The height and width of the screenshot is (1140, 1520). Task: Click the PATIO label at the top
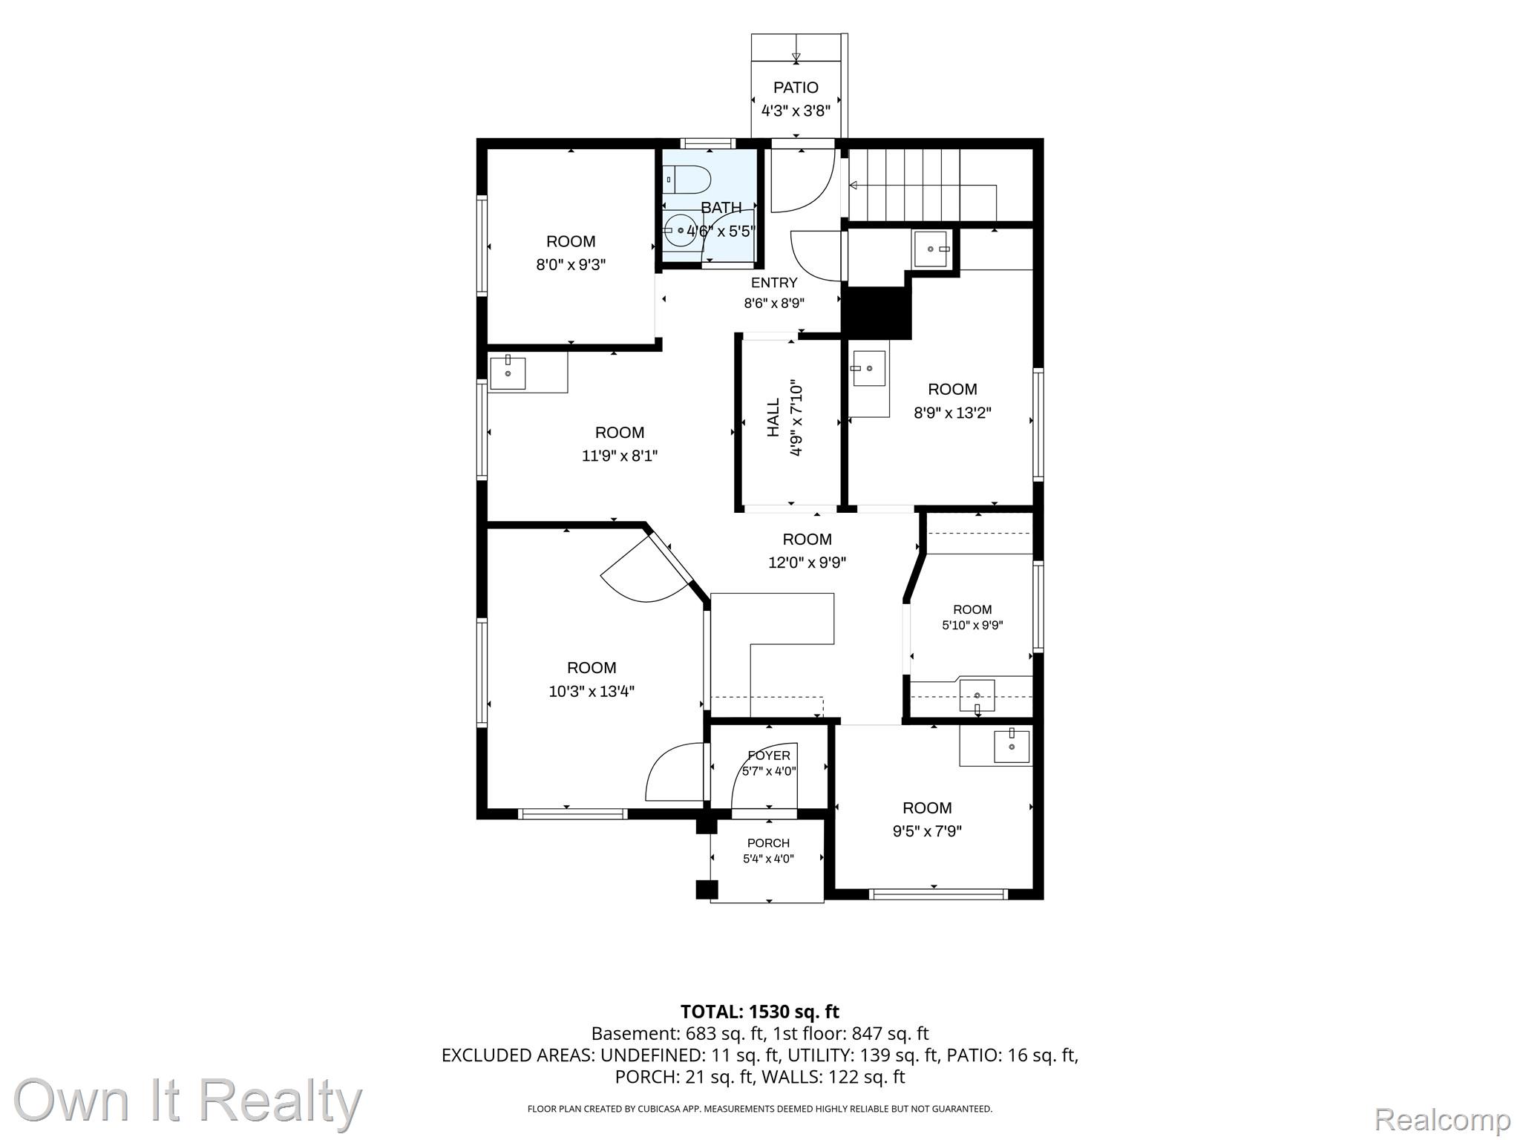click(x=796, y=88)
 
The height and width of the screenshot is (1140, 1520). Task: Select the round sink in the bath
click(x=678, y=231)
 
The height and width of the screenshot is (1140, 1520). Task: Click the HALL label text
click(x=773, y=417)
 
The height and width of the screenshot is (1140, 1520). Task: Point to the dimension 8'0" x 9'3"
click(x=571, y=265)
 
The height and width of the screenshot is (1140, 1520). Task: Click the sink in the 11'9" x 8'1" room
click(x=508, y=373)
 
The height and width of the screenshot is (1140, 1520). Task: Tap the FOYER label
click(x=769, y=756)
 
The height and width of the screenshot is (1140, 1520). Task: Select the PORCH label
click(x=768, y=843)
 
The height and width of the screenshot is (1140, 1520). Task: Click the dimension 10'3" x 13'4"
click(x=592, y=692)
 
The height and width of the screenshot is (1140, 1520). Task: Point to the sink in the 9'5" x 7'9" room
click(x=1012, y=746)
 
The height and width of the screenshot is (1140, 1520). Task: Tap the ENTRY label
click(x=774, y=283)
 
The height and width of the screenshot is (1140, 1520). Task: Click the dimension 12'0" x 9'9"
click(x=807, y=563)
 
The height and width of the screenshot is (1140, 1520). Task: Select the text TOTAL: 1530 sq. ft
click(x=759, y=1012)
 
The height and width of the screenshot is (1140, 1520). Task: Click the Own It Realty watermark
click(x=188, y=1101)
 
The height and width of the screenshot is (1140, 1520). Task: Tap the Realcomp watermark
click(x=1442, y=1118)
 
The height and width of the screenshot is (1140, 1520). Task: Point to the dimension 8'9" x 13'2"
click(x=952, y=413)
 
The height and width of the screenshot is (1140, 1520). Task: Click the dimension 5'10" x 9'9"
click(x=972, y=625)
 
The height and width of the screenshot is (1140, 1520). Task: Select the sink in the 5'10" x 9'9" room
click(x=977, y=696)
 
